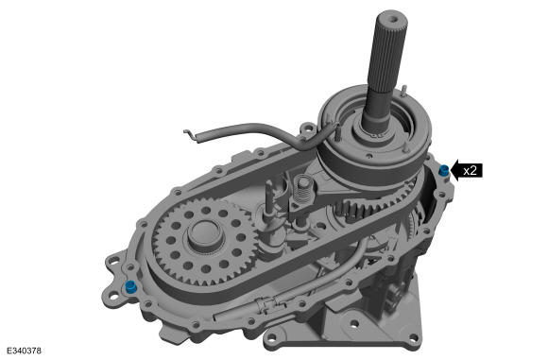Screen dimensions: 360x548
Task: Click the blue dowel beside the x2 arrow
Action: (x=443, y=170)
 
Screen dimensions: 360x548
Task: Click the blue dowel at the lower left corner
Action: (x=129, y=286)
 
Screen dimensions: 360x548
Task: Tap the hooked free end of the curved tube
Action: (x=192, y=137)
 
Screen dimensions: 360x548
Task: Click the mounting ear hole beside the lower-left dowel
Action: (x=113, y=293)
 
